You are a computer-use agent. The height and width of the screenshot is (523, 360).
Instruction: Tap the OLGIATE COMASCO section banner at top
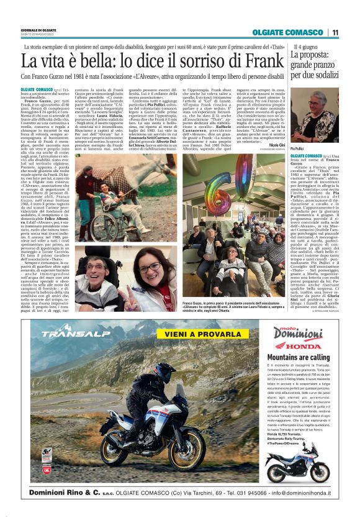tap(287, 33)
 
